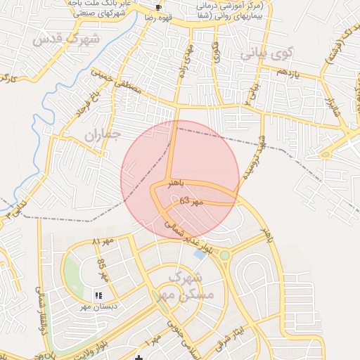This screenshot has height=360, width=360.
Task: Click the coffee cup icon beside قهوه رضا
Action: point(159,6)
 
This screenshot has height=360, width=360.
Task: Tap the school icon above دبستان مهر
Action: point(98,295)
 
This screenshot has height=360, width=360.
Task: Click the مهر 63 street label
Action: point(191,201)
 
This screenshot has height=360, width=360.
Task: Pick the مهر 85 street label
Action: point(102,268)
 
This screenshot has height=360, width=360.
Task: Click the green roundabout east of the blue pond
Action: point(224,255)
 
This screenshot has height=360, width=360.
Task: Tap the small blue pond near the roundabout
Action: point(200,253)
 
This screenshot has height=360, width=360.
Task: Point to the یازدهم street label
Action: point(288,72)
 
